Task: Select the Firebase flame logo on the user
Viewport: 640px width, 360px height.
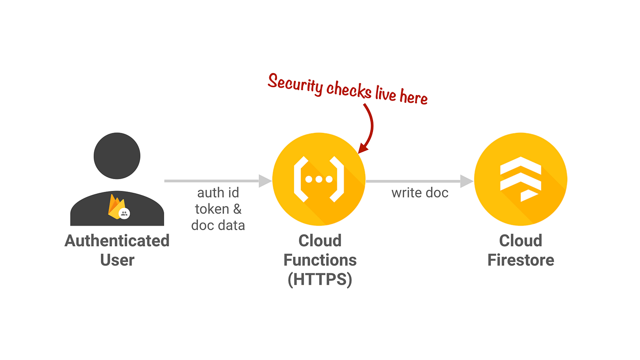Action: (116, 206)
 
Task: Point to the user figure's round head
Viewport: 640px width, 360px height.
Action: (117, 156)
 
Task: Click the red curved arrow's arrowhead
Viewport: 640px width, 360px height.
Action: (363, 148)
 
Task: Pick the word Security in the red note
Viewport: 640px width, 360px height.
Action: (295, 84)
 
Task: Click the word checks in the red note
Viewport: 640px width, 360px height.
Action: (349, 90)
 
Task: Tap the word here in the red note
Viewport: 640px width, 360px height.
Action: (413, 97)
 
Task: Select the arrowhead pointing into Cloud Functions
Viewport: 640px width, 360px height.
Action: (265, 181)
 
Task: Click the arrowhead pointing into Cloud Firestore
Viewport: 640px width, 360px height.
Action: (467, 181)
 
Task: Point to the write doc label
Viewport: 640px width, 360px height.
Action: (420, 193)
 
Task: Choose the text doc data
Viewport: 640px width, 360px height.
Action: (218, 225)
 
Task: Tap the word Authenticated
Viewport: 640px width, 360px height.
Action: (117, 241)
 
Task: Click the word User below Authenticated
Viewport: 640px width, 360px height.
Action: (117, 260)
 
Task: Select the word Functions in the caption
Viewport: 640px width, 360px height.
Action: (320, 260)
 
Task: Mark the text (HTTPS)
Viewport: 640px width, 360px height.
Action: (320, 279)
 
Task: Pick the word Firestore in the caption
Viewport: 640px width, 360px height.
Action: (521, 260)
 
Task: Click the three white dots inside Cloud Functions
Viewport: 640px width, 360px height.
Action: (318, 179)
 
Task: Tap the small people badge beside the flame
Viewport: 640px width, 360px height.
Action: (124, 213)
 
